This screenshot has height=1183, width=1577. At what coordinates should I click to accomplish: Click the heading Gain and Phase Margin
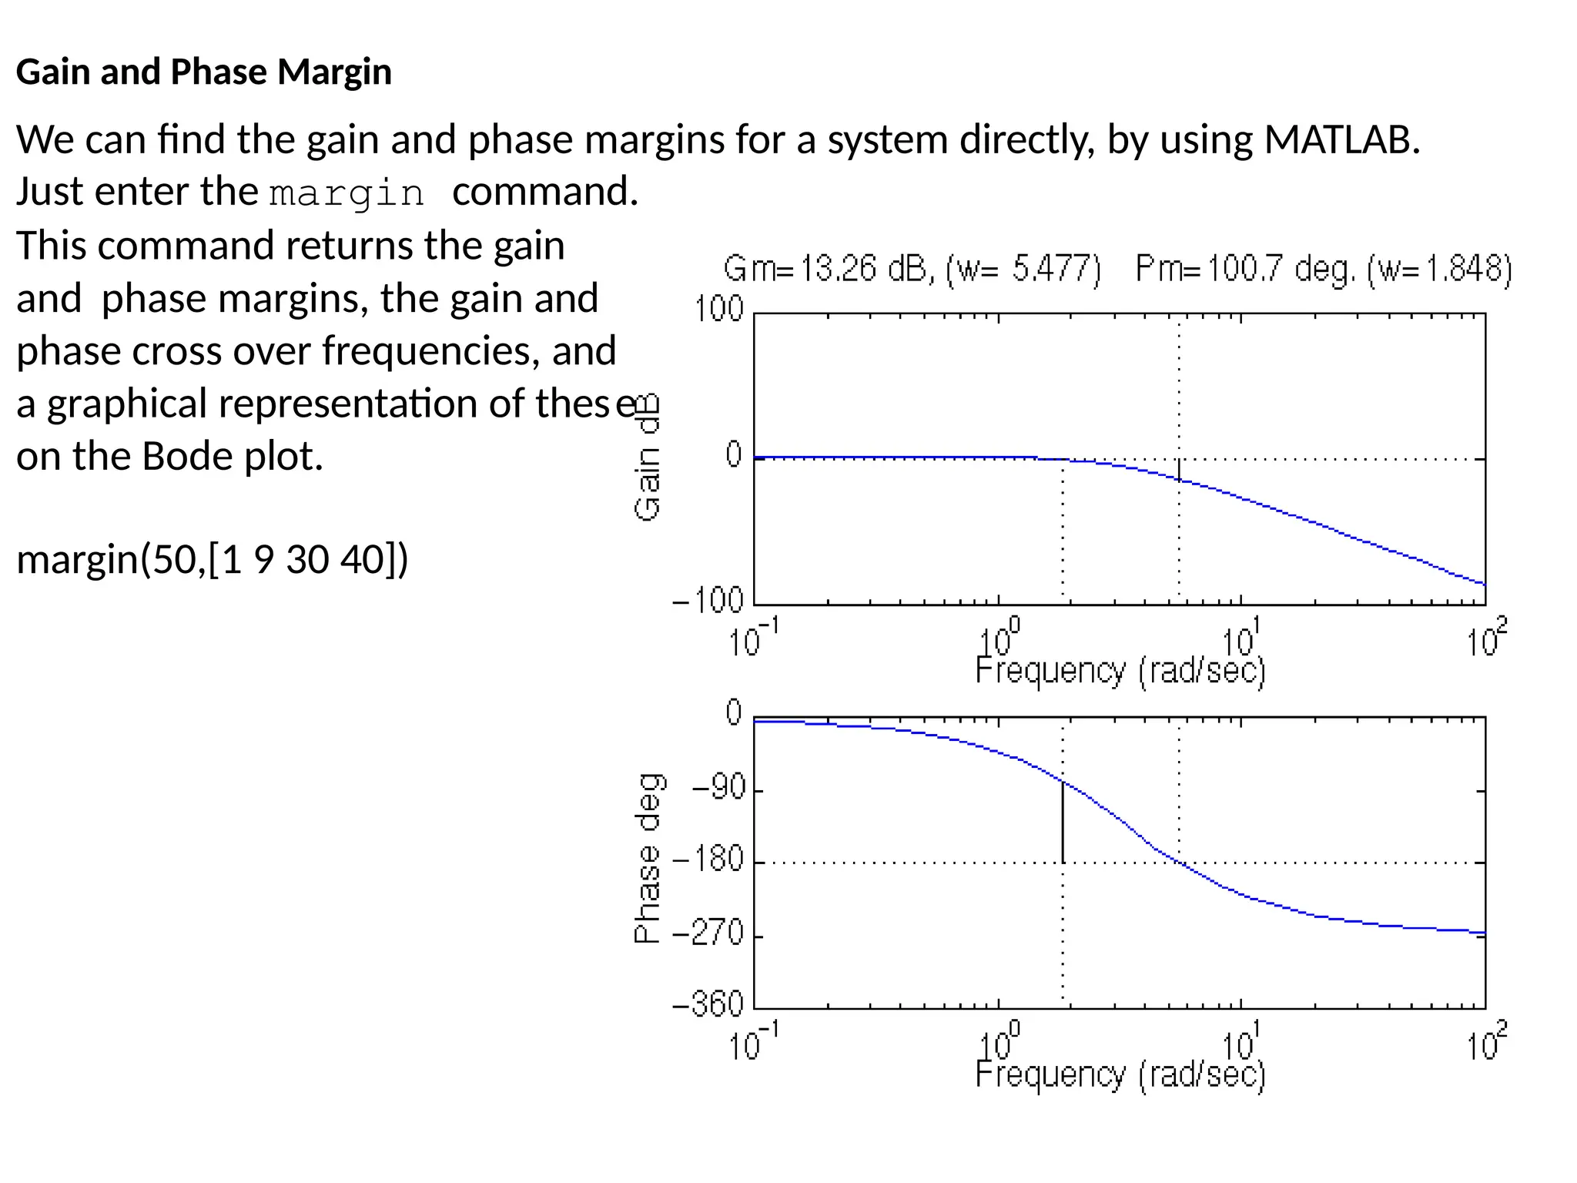tap(204, 72)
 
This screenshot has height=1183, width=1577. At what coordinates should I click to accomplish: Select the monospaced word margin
tap(347, 193)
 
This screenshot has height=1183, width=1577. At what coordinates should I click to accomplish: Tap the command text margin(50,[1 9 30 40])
tap(213, 559)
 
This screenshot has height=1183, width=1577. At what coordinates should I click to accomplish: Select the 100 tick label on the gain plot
tap(719, 310)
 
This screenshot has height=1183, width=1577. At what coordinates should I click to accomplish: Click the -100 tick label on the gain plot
tap(708, 600)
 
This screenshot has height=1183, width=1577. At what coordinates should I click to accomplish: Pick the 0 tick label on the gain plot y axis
tap(734, 454)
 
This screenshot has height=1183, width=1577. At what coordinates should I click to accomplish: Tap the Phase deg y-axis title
tap(648, 858)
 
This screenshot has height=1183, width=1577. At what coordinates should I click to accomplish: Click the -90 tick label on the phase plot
tap(719, 788)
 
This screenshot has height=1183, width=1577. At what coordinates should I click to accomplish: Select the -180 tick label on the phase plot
tap(709, 859)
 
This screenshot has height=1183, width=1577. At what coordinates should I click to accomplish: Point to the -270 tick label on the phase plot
tap(709, 933)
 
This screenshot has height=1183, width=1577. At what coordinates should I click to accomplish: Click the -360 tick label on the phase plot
tap(708, 1004)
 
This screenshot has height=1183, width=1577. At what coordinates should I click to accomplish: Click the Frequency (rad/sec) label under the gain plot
tap(1120, 672)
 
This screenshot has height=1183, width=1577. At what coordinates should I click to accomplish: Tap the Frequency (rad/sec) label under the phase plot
tap(1120, 1075)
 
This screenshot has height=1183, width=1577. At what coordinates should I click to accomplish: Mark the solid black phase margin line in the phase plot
tap(1063, 822)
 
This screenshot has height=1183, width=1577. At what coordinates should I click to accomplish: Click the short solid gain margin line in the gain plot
tap(1179, 469)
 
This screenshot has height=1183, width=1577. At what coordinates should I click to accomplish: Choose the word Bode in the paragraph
tap(188, 457)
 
